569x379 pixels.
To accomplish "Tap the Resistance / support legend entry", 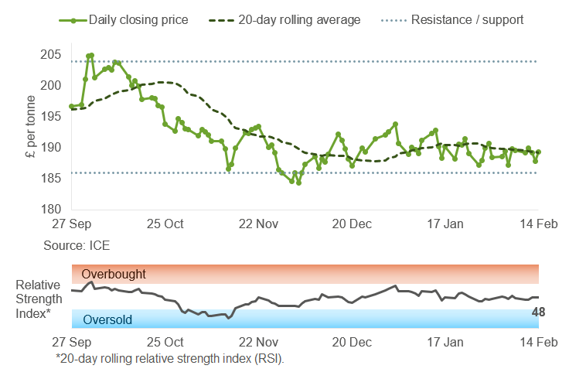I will click(x=455, y=19).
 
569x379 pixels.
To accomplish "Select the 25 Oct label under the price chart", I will click(x=165, y=224).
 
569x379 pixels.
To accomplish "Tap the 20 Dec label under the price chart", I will click(x=352, y=224).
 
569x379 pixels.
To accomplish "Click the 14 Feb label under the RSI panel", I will click(x=537, y=342).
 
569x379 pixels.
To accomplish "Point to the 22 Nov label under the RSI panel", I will click(x=258, y=342).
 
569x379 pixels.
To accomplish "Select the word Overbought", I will click(x=114, y=274).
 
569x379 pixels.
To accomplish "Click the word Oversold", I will click(x=107, y=319).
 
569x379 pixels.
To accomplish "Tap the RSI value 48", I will click(x=538, y=312).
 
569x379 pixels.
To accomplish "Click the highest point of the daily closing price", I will click(x=91, y=55).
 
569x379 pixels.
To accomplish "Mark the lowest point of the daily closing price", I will click(x=298, y=183).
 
